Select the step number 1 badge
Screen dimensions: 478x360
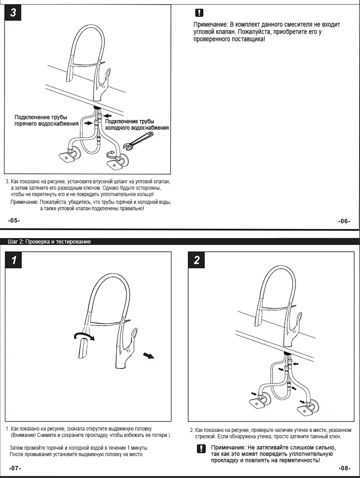[x=14, y=260]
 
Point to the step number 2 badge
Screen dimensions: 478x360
[x=197, y=260]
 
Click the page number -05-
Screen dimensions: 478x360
[x=14, y=220]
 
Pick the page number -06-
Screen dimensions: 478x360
[x=344, y=221]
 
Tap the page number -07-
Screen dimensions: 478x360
[x=15, y=468]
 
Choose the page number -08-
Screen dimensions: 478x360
[x=345, y=468]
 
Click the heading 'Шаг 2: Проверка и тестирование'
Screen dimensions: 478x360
[x=49, y=242]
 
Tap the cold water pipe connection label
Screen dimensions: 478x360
[x=137, y=125]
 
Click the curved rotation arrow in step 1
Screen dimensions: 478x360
[x=84, y=336]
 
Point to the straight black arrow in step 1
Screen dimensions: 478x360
[x=148, y=355]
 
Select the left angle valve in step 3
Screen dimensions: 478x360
[x=67, y=157]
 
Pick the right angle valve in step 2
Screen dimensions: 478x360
[x=308, y=407]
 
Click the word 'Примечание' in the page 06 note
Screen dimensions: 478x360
[x=211, y=25]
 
